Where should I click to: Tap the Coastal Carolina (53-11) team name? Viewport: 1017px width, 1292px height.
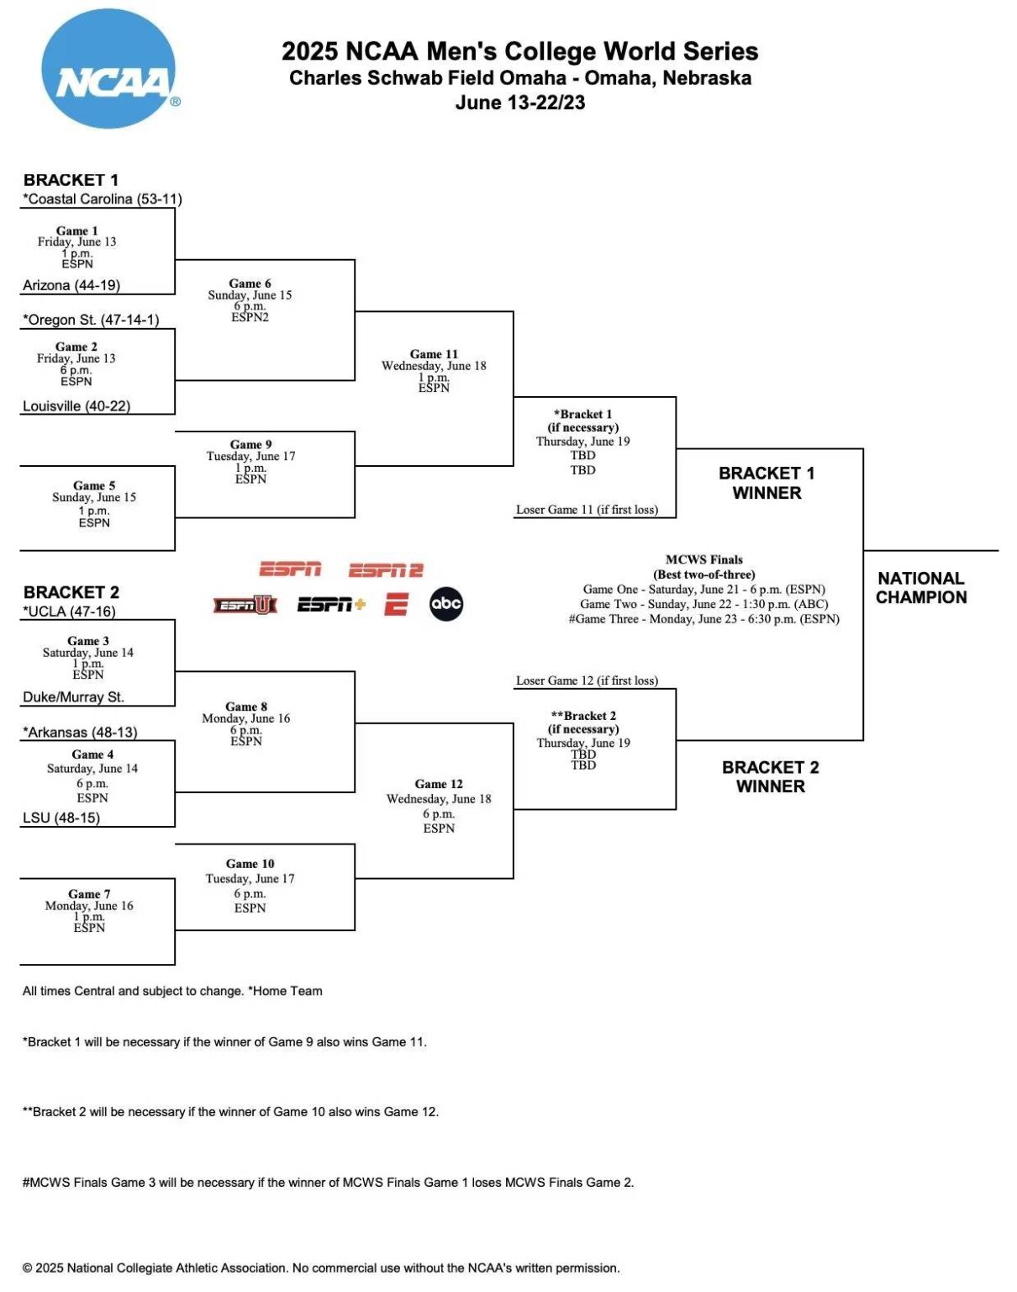[x=103, y=199]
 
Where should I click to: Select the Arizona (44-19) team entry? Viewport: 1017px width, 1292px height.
[x=71, y=285]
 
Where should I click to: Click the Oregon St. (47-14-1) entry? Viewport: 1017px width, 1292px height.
[x=91, y=320]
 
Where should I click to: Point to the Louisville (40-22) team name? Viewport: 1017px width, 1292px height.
[x=76, y=406]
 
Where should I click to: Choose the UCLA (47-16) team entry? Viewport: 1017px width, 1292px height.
[x=70, y=612]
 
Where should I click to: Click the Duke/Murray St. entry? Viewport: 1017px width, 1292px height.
[x=73, y=697]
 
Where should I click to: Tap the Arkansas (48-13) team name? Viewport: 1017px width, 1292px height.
[x=80, y=733]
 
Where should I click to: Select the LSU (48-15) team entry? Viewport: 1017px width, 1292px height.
[x=61, y=818]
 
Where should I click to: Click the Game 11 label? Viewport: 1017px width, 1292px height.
[x=434, y=354]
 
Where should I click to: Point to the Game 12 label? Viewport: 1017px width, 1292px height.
[x=439, y=784]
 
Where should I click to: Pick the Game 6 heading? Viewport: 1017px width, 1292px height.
[x=250, y=283]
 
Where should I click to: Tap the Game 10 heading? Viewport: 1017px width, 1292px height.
[x=250, y=864]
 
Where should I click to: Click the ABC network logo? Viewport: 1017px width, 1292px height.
[x=445, y=603]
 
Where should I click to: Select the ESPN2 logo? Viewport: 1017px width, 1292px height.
[x=386, y=570]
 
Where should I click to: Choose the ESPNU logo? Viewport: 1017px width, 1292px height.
[x=245, y=604]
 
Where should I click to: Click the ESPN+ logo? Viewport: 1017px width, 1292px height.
[x=331, y=604]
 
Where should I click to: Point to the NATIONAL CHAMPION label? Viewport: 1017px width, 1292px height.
[x=921, y=588]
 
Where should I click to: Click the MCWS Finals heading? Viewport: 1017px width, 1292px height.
[x=704, y=559]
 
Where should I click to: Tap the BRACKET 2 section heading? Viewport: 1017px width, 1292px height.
[x=71, y=592]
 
